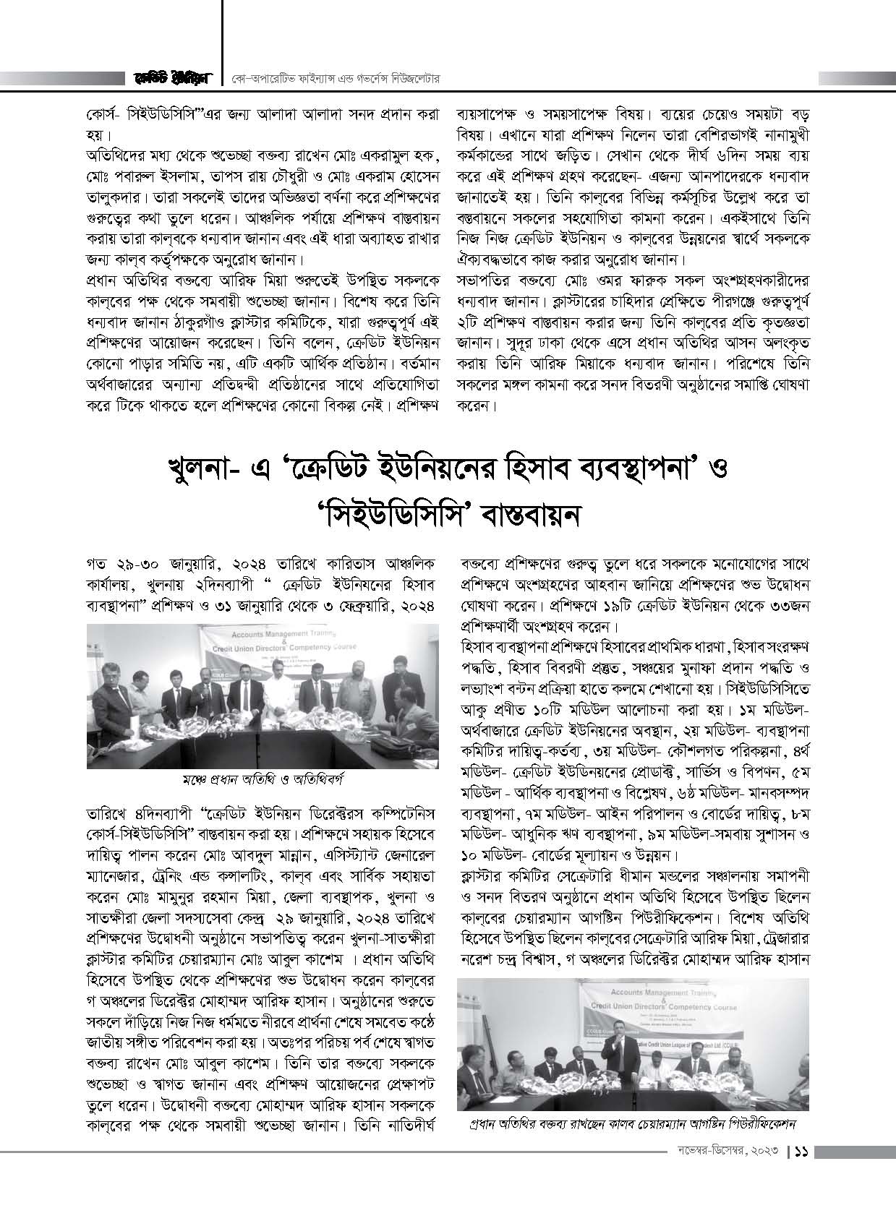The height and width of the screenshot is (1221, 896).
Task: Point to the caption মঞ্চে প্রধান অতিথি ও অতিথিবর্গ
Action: (262, 779)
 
